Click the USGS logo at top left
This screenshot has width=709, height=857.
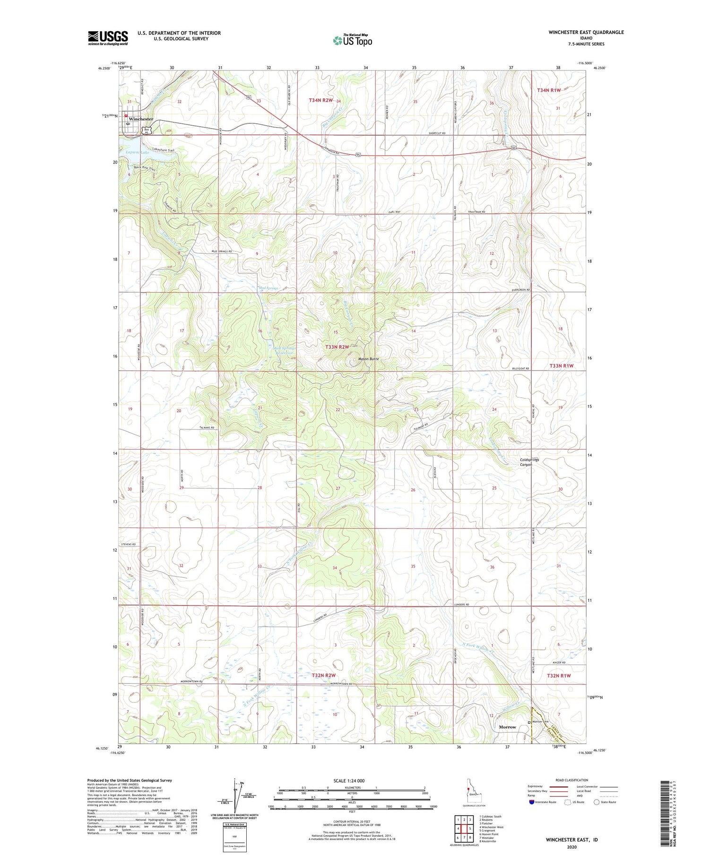(108, 38)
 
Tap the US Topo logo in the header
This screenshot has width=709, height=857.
(352, 41)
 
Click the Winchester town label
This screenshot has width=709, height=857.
(141, 119)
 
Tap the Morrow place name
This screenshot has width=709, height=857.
(508, 727)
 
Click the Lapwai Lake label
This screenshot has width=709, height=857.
(138, 153)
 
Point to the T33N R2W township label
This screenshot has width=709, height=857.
(337, 347)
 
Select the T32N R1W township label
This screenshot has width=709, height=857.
(559, 676)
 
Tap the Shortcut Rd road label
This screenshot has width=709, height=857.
(437, 133)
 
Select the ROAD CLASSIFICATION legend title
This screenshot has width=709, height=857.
(571, 780)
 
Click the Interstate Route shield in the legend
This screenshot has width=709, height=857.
(532, 802)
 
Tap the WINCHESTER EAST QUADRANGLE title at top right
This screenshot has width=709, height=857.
(586, 32)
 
